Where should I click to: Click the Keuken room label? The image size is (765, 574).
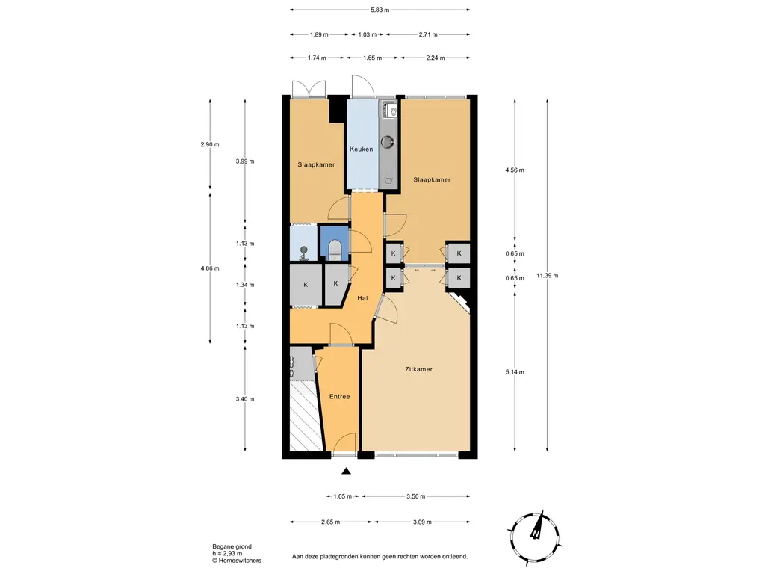coord(361,149)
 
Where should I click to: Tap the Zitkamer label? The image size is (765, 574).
coord(418,369)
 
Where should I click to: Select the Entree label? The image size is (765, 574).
coord(340,396)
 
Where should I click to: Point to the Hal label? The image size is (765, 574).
coord(362,297)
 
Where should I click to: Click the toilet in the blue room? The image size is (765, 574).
coord(335,250)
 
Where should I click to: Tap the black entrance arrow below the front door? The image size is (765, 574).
coord(346,471)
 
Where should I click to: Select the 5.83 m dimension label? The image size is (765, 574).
coord(380,10)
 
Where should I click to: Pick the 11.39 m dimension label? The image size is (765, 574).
coord(548,275)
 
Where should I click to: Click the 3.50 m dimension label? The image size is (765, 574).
coord(415,496)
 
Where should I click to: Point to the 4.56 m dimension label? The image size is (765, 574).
coord(515,170)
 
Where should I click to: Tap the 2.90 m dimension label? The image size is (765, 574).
coord(210,144)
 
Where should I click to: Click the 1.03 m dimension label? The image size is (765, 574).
coord(368,34)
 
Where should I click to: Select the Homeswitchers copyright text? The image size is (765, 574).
coord(237,561)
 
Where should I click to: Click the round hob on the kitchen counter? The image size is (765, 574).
coord(388,142)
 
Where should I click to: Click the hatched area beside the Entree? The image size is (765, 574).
coord(306,416)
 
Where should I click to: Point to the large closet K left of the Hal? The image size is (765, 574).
coord(306,285)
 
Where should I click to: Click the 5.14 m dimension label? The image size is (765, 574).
coord(515,372)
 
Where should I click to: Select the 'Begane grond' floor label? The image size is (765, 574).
coord(232,546)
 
